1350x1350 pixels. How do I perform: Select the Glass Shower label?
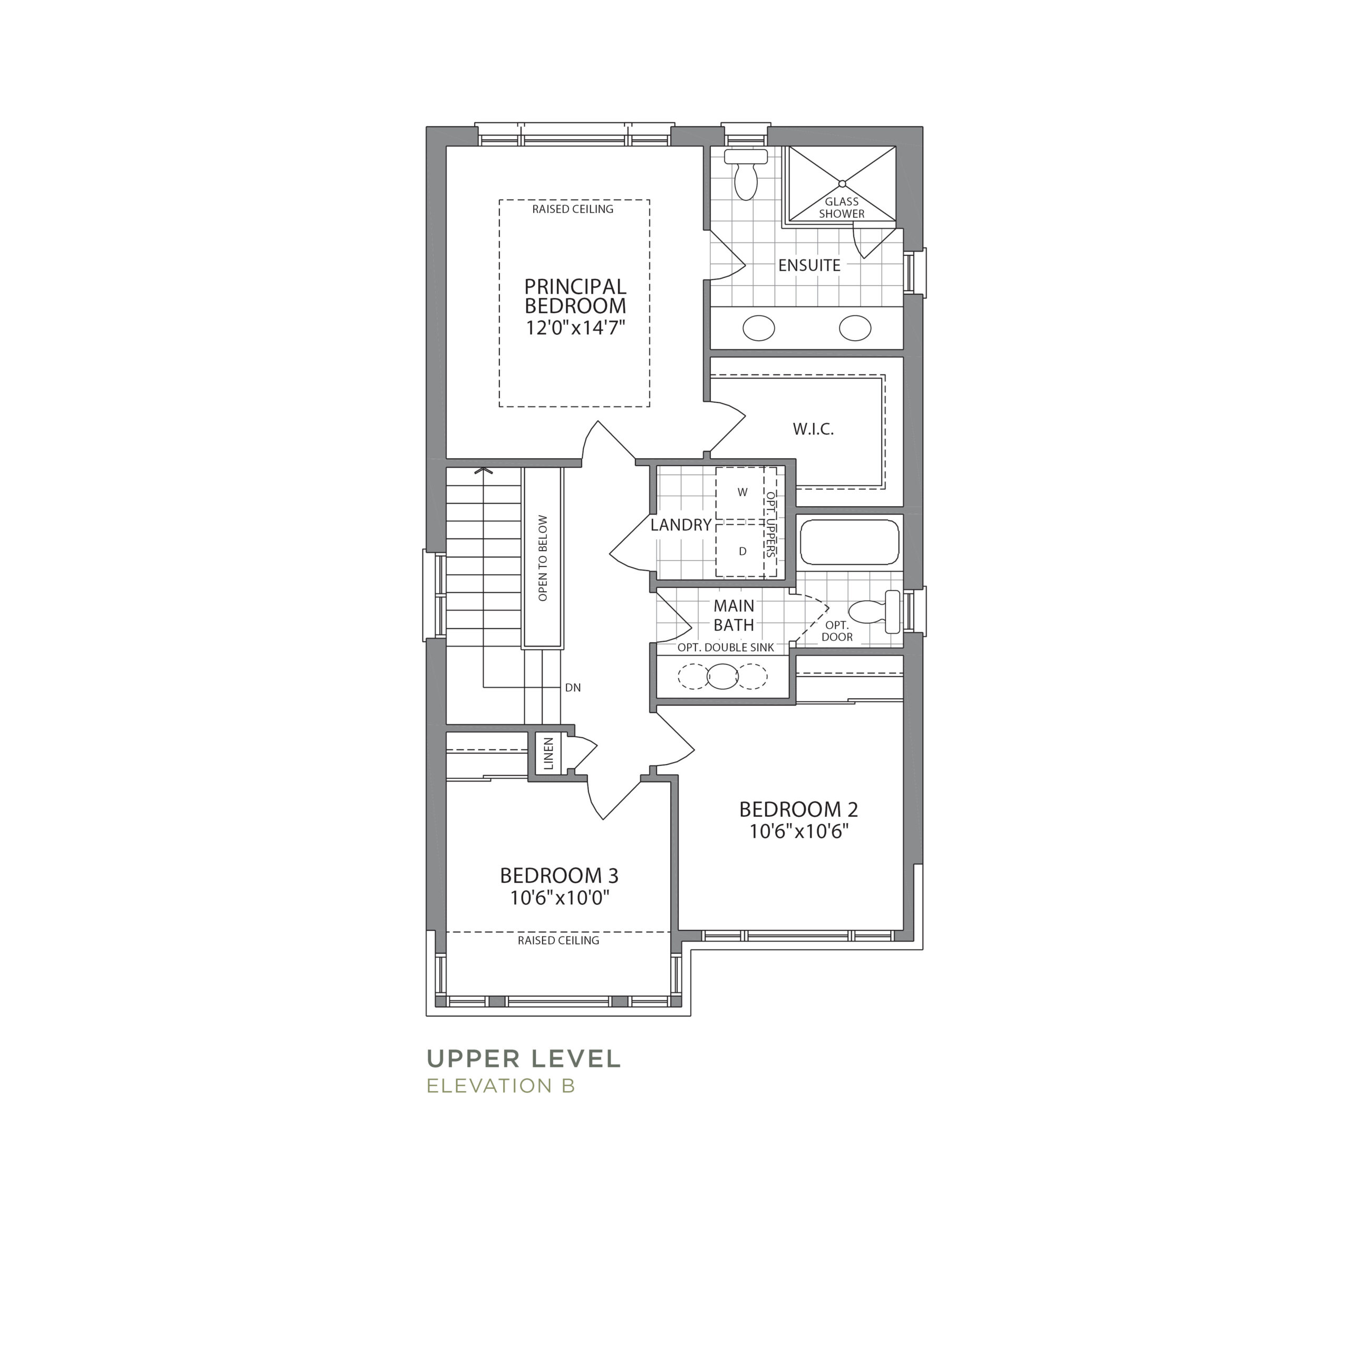pos(842,208)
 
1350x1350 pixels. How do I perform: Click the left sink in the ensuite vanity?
pos(758,327)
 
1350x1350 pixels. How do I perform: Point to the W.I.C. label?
pos(813,429)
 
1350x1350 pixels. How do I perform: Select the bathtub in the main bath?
pos(850,542)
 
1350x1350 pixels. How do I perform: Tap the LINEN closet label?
pos(548,753)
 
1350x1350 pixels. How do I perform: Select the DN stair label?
pos(573,688)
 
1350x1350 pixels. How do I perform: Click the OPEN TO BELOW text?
pos(543,558)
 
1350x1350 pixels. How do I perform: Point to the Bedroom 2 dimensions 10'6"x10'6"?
pos(799,832)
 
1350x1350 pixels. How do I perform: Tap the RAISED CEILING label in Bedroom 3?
pos(558,941)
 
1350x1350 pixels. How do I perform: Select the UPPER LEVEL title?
pos(523,1058)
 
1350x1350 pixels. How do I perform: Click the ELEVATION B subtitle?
pos(500,1086)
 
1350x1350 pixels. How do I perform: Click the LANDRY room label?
pos(681,525)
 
